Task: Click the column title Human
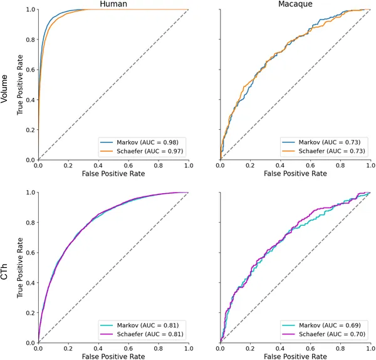click(113, 5)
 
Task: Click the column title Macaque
click(295, 5)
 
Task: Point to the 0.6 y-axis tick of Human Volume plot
click(30, 70)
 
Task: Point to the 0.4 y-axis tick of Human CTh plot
click(30, 283)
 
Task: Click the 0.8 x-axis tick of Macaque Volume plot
click(340, 165)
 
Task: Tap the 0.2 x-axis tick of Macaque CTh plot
click(250, 348)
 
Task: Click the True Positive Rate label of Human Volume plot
click(21, 85)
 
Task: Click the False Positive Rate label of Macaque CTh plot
click(295, 356)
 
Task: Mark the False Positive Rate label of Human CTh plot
click(113, 356)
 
